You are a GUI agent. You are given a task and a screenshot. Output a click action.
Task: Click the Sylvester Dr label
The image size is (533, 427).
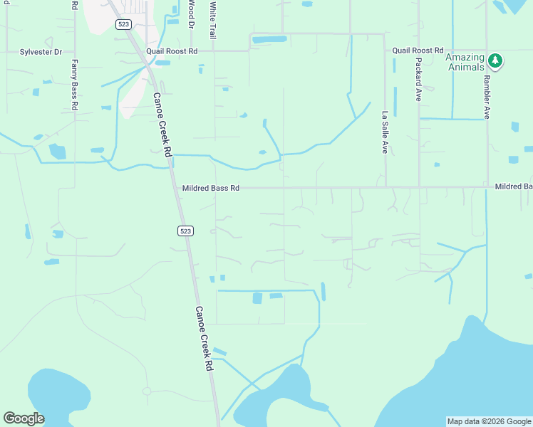coord(41,52)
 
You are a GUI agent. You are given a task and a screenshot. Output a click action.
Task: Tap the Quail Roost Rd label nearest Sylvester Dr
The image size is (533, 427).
coord(172,52)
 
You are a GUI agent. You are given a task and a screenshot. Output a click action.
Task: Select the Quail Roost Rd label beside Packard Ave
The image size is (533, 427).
coord(418,51)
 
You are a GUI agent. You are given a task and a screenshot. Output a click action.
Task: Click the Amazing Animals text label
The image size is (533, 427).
coord(465,63)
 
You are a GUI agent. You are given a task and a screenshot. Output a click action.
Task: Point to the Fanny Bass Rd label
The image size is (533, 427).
coord(74,84)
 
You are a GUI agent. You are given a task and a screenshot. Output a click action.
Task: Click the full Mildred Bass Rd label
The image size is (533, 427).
coord(210,188)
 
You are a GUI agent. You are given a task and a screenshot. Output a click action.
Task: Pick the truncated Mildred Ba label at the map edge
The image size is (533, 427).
coord(514,186)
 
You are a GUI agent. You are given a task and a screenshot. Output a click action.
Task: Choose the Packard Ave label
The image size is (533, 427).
coord(418,77)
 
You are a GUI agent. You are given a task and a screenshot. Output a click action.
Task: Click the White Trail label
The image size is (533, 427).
coord(212,19)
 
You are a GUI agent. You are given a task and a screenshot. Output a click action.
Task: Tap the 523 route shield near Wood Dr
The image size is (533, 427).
coord(123,24)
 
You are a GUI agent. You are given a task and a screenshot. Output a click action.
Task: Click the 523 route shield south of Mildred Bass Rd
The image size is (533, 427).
coord(185,231)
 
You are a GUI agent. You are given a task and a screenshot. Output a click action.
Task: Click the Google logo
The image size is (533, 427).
coord(24,418)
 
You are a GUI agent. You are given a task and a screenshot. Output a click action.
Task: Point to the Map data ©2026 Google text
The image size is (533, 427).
coord(489,421)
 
